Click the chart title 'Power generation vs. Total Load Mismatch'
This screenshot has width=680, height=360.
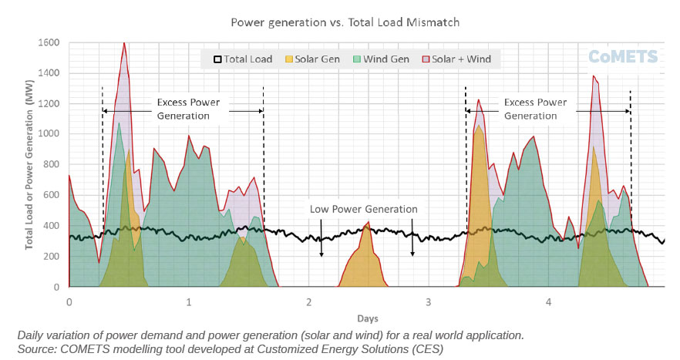(x=345, y=22)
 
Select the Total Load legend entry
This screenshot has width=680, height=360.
(x=243, y=59)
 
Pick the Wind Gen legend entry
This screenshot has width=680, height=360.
(x=380, y=59)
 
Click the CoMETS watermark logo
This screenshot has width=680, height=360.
(x=623, y=56)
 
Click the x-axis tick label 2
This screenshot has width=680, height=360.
(x=308, y=301)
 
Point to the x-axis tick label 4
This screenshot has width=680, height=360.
(x=548, y=301)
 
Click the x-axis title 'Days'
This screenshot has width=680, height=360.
(x=367, y=318)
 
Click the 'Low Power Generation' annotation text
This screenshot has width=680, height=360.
(x=364, y=209)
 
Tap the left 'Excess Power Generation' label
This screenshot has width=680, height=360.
(x=188, y=109)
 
